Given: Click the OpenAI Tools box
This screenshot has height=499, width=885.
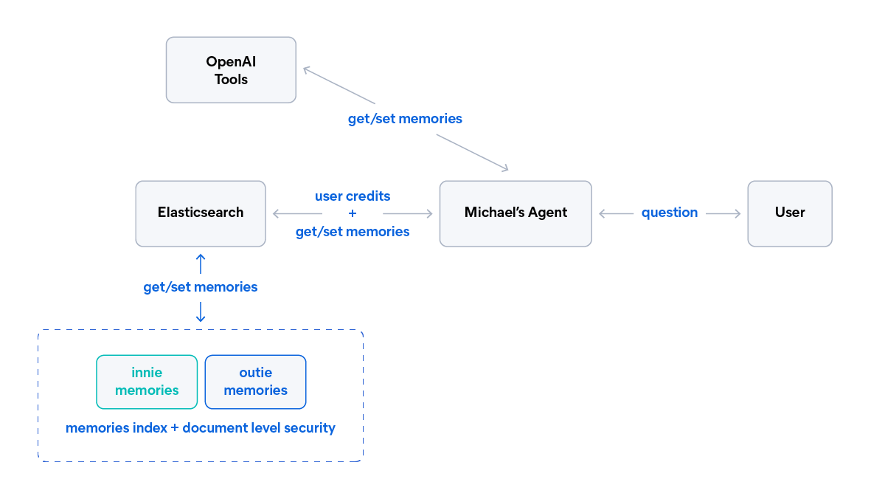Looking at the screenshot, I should tap(231, 70).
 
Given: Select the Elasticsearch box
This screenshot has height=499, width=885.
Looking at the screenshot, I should tap(201, 213).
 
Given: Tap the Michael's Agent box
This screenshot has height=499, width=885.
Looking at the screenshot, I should tap(516, 213).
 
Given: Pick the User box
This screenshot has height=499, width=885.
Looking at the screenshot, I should tap(790, 213).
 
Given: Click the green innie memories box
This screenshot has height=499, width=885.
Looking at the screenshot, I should tap(147, 382).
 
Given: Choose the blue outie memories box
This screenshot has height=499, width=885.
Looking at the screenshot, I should tap(255, 382).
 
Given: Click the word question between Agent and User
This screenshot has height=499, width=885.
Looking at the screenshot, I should tap(669, 213).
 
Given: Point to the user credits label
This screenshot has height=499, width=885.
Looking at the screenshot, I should tap(353, 196).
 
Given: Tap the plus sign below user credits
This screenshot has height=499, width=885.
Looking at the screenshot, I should tap(353, 213).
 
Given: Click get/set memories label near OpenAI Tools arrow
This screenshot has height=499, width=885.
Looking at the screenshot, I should tap(405, 118).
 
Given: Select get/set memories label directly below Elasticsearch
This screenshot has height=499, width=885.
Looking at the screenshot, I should tap(201, 287).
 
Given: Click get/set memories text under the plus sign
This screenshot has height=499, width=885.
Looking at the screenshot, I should tap(353, 232).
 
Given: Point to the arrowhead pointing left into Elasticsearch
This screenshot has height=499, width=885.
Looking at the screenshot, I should tap(277, 214).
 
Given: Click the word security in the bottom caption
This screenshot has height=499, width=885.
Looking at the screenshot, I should tap(309, 428).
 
